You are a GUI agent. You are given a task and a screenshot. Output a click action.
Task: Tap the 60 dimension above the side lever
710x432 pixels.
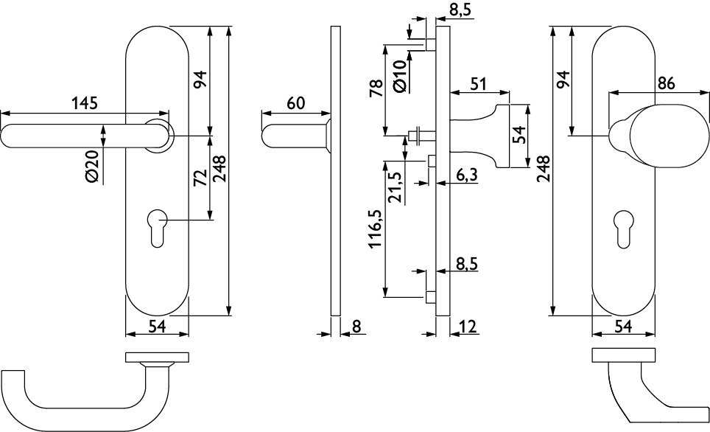tap(295, 104)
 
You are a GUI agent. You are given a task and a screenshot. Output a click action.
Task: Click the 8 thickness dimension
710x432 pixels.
tap(356, 327)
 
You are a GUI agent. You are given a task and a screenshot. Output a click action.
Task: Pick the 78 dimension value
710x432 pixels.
tap(376, 89)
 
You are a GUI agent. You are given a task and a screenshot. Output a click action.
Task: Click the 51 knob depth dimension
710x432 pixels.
tap(479, 84)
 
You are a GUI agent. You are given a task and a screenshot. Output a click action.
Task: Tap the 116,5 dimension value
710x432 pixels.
tap(376, 228)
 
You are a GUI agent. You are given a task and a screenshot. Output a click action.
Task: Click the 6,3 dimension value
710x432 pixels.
tap(466, 175)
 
